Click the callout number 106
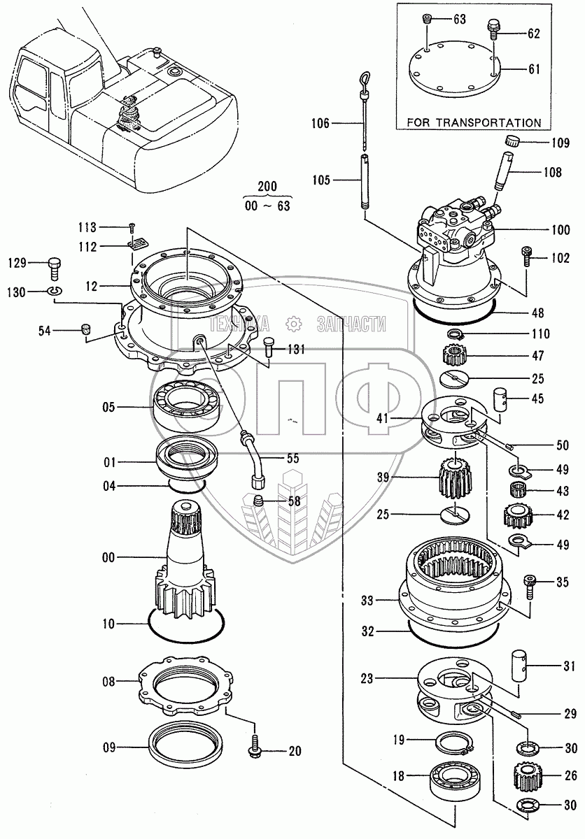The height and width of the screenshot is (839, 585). pyautogui.click(x=320, y=123)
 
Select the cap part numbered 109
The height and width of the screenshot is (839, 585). pyautogui.click(x=513, y=141)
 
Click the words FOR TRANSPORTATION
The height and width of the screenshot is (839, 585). pyautogui.click(x=474, y=122)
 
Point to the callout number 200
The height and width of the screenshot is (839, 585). pyautogui.click(x=267, y=187)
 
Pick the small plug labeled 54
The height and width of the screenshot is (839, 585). pyautogui.click(x=87, y=330)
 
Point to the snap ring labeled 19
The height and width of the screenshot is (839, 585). pyautogui.click(x=455, y=742)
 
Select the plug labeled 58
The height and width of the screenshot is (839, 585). pyautogui.click(x=258, y=500)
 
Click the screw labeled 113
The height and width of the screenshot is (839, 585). pyautogui.click(x=132, y=227)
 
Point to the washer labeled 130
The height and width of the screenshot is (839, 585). pyautogui.click(x=55, y=291)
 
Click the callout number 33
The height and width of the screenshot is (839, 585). pyautogui.click(x=367, y=601)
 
